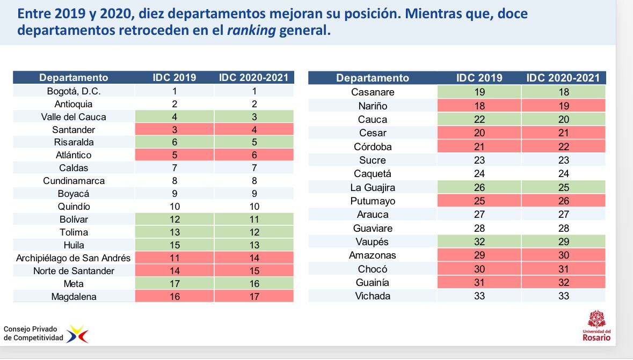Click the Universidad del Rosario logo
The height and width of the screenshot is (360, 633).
[x=596, y=326]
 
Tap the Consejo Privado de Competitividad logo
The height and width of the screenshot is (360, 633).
[x=46, y=334]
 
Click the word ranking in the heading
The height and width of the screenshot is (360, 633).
[x=251, y=31]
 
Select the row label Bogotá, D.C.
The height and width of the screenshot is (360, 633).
[x=74, y=91]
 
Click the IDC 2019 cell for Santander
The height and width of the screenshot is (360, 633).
[x=174, y=130]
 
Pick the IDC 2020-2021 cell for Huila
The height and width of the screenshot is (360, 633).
[x=254, y=245]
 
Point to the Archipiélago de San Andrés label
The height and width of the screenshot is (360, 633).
[x=74, y=258]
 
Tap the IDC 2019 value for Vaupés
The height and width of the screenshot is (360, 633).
[x=479, y=242]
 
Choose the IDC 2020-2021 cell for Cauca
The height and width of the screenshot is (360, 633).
[x=563, y=120]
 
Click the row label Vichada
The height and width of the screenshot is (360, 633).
[x=373, y=296]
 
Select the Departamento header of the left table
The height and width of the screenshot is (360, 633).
[x=74, y=78]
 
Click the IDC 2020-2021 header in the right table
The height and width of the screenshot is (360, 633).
[x=563, y=78]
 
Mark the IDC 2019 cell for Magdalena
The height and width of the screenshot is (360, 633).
[x=174, y=297]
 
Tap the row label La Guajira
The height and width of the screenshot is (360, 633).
[x=373, y=188]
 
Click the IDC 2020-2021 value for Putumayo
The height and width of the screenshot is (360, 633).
[x=563, y=201]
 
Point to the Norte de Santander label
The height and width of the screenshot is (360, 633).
[x=74, y=271]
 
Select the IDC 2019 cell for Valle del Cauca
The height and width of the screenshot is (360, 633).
[x=174, y=117]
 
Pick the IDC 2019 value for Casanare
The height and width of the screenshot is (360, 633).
[x=479, y=92]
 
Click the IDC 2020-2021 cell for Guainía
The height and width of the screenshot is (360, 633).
[x=563, y=283]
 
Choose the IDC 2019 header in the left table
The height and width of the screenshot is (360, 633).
[x=174, y=78]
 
